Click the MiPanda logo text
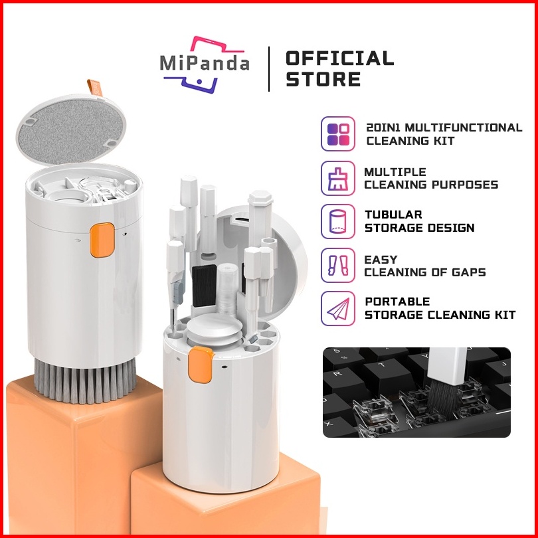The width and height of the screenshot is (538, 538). (x=205, y=63)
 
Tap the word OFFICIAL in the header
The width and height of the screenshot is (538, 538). (x=339, y=58)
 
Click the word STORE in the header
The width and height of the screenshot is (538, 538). (x=323, y=79)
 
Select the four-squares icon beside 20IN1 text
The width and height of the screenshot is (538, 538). (x=338, y=134)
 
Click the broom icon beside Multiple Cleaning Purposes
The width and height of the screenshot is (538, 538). (x=338, y=178)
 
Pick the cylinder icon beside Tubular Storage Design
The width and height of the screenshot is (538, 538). (x=338, y=222)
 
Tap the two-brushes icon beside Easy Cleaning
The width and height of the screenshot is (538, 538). (x=338, y=265)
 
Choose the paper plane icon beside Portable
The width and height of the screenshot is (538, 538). (x=338, y=308)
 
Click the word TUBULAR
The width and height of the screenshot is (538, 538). (x=393, y=215)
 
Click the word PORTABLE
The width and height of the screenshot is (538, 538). (x=397, y=302)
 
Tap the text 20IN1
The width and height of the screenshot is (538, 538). (x=384, y=128)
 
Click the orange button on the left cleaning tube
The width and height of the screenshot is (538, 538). (x=102, y=240)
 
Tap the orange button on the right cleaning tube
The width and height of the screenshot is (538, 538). (x=201, y=365)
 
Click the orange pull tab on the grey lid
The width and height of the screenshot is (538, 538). (x=95, y=88)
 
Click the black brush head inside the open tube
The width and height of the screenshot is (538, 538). (x=204, y=286)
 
